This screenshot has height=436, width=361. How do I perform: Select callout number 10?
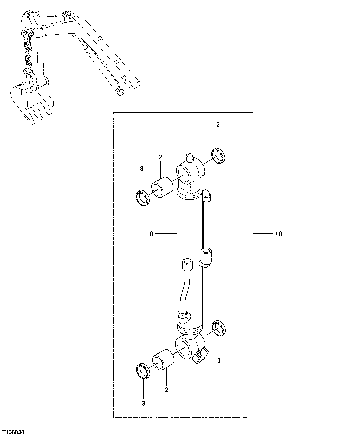(278, 234)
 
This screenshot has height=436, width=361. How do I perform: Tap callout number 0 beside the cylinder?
(151, 234)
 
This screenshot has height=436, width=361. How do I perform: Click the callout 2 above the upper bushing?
(160, 157)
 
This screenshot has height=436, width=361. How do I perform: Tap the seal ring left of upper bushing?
(143, 198)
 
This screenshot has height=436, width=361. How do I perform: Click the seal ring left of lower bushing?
(144, 371)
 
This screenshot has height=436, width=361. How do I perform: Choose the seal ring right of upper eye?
(218, 155)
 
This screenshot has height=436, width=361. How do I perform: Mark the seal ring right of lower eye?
(219, 328)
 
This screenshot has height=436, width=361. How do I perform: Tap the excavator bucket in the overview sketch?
(29, 101)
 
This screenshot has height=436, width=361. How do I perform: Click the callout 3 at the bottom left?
(143, 404)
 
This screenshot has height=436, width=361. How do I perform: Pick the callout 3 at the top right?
(218, 125)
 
